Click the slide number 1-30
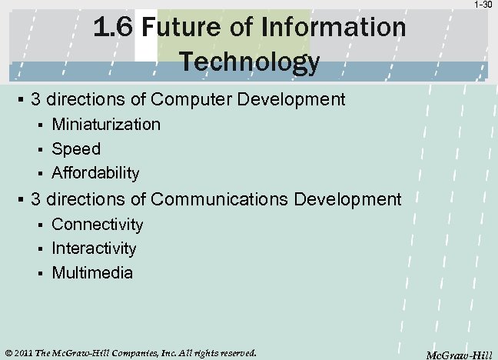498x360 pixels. tap(483, 5)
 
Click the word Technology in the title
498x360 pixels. tap(249, 62)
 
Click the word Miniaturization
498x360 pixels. tap(106, 124)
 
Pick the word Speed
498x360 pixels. tap(76, 148)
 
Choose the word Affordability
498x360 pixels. tap(95, 173)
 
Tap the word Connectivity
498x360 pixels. tap(98, 224)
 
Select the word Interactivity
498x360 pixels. tap(94, 248)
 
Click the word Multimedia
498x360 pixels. tap(92, 272)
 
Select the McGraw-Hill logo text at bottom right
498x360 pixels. tap(459, 354)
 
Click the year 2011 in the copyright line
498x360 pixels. tap(23, 353)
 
